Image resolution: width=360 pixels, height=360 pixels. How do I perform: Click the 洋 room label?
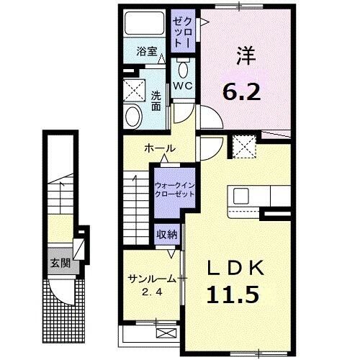tap(243, 54)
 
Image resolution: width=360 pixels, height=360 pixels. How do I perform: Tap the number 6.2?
tap(242, 91)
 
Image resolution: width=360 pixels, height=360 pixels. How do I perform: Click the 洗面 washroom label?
tap(156, 101)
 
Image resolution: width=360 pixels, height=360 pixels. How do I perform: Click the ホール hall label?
tap(160, 148)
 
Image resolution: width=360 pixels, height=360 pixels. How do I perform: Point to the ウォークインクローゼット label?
tap(174, 189)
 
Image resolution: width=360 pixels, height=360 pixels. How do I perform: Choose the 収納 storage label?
tap(166, 236)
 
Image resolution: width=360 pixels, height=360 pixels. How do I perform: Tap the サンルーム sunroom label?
tap(150, 278)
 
